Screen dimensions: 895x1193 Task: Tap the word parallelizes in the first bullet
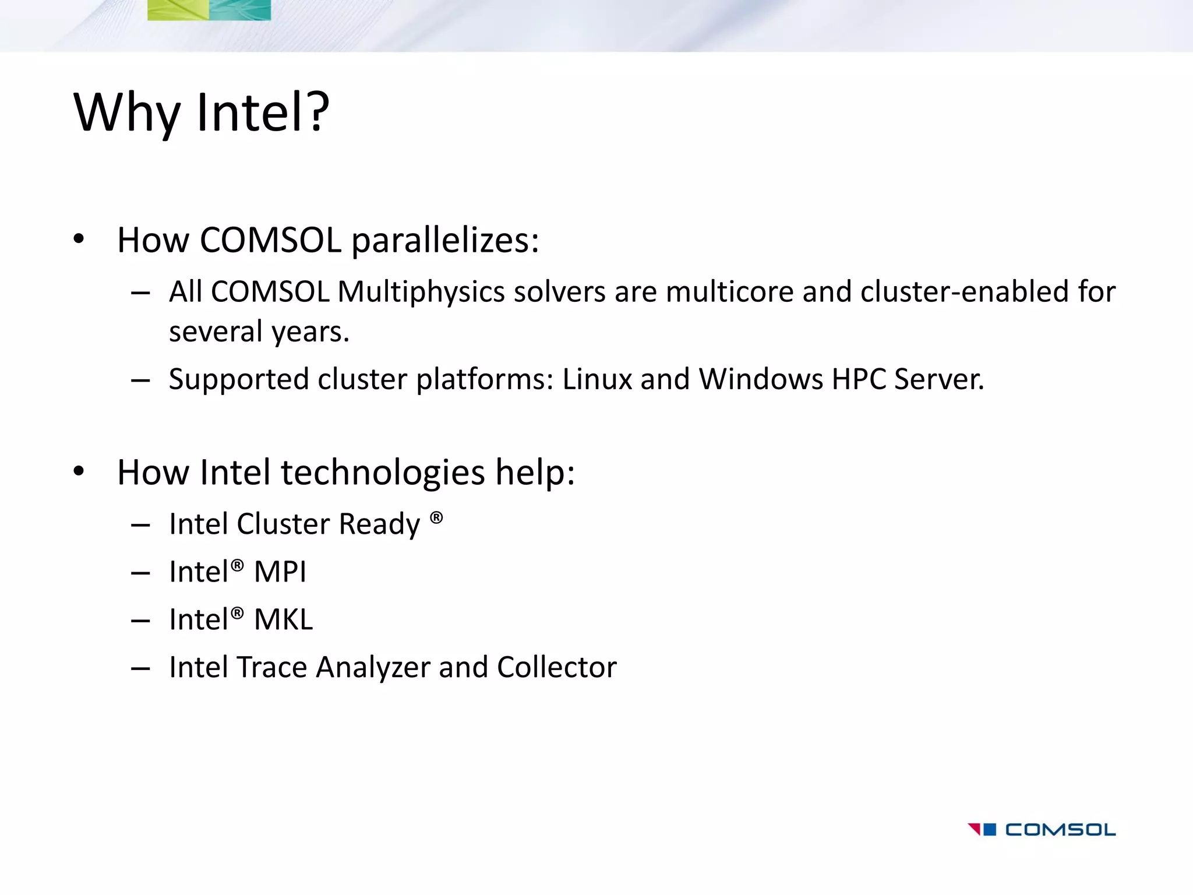(445, 240)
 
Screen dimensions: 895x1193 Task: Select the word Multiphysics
(421, 291)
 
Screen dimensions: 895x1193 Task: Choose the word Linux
(596, 379)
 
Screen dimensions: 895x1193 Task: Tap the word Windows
(761, 379)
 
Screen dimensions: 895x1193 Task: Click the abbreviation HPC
(859, 379)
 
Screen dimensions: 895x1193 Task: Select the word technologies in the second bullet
(383, 473)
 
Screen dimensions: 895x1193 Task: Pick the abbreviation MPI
(280, 572)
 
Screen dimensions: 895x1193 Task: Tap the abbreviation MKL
(283, 619)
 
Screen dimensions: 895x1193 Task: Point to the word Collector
(556, 667)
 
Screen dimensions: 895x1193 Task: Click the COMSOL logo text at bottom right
(1060, 830)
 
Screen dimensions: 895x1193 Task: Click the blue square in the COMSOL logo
(990, 829)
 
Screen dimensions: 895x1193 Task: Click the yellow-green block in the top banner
(178, 10)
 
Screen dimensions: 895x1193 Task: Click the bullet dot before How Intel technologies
(79, 471)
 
